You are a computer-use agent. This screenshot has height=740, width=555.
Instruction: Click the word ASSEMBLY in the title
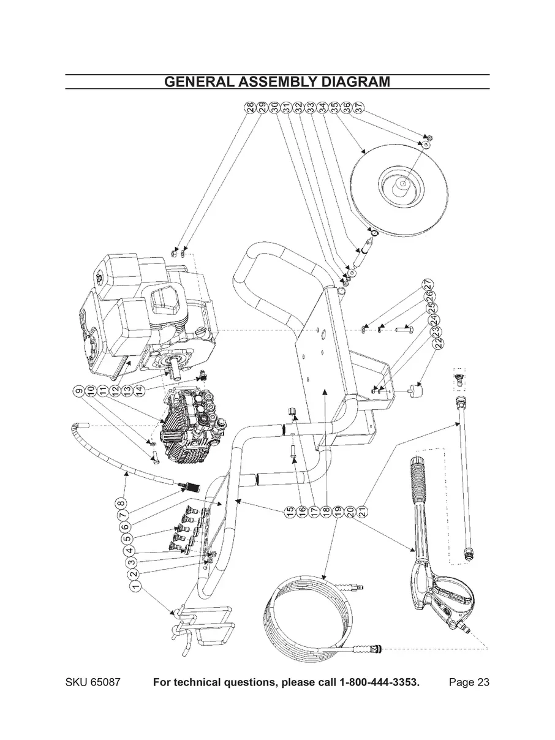(x=279, y=82)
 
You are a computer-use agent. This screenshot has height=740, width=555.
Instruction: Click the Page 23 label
(x=469, y=682)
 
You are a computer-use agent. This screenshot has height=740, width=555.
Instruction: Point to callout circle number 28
(x=250, y=107)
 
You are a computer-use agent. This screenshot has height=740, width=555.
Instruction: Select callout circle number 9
(x=78, y=390)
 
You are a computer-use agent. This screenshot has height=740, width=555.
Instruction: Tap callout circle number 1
(x=134, y=586)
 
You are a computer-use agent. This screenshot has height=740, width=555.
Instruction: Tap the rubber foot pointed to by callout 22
(x=418, y=390)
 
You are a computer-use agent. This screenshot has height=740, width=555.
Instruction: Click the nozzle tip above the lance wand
(x=458, y=375)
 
